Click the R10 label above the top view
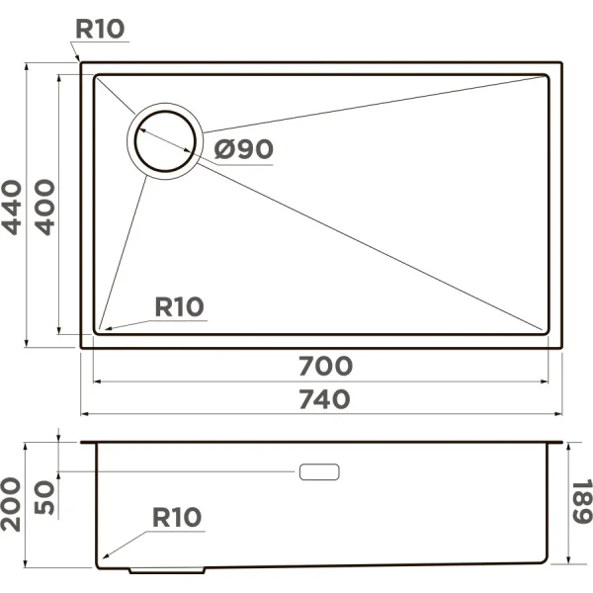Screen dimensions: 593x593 pos(101,29)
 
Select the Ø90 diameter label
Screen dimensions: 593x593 pos(243,149)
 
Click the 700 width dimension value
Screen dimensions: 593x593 pos(325,366)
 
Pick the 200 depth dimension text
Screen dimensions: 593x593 pos(13,503)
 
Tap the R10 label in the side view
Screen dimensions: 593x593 pos(177,517)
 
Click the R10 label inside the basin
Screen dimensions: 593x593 pos(179,306)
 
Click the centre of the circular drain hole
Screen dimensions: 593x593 pos(164,140)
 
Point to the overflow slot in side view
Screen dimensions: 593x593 pos(318,471)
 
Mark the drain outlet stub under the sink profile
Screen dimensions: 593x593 pos(168,570)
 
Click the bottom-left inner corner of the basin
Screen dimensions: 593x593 pos(97,330)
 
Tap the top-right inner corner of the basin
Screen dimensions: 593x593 pos(547,74)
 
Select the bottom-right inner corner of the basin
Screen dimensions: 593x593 pos(547,330)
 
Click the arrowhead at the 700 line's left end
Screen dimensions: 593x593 pos(96,381)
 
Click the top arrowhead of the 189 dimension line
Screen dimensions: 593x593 pos(570,445)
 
